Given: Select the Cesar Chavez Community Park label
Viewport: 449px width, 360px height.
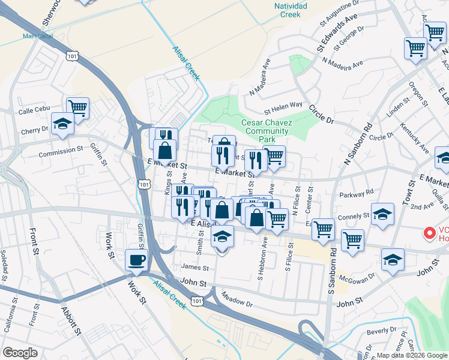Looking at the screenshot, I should click(x=267, y=131).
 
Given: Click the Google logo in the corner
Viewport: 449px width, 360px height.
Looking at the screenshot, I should click(x=20, y=353).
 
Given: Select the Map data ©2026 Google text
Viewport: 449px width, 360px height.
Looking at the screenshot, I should click(x=411, y=355).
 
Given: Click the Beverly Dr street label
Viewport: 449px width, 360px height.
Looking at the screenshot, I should click(x=378, y=331).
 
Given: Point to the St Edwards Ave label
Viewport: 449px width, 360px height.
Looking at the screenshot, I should click(x=340, y=38).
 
